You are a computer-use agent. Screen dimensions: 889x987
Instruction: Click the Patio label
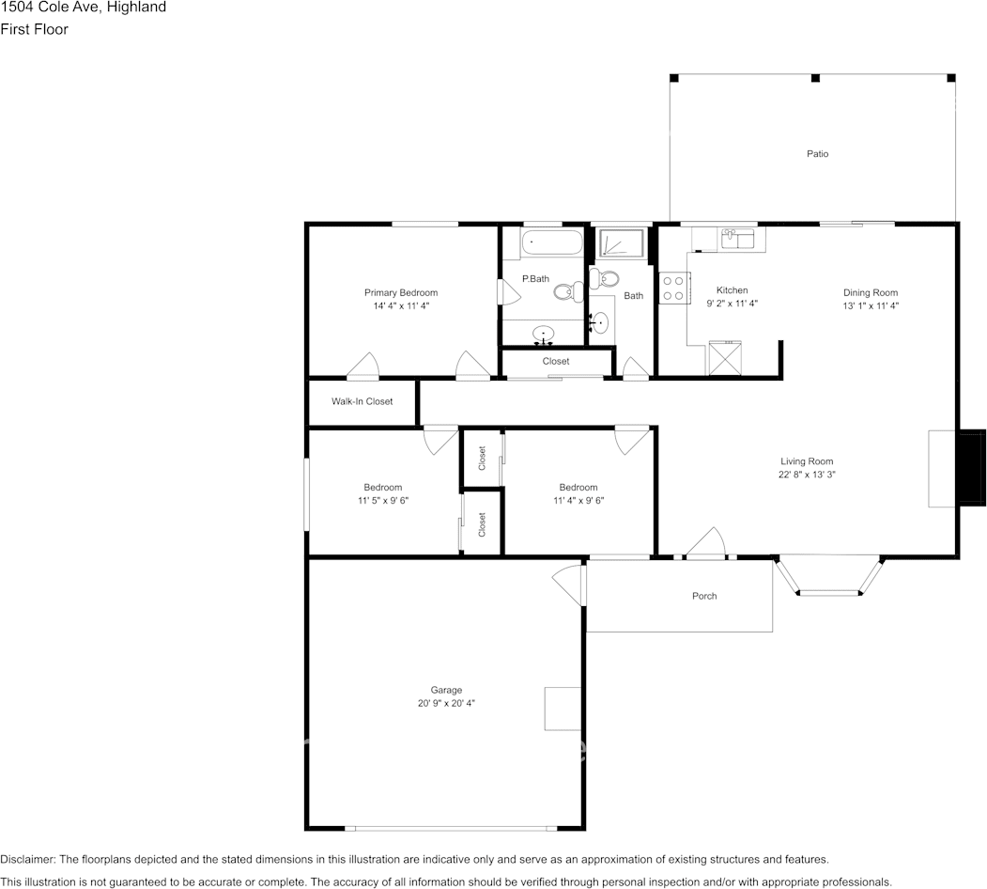point(817,153)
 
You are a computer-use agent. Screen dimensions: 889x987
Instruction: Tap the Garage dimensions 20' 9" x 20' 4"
point(446,703)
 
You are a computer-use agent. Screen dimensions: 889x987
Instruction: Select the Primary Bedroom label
point(401,292)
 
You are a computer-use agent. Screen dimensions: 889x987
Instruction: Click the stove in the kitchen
point(672,287)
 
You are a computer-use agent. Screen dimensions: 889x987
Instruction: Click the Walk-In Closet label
point(362,401)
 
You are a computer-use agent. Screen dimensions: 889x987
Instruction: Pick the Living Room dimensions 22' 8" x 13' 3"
point(807,475)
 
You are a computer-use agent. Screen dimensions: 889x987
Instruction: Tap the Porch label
point(704,596)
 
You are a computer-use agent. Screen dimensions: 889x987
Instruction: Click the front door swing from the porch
point(706,542)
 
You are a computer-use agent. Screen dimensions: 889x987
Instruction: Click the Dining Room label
point(871,292)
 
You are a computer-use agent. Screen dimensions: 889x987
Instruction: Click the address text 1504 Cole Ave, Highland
point(84,8)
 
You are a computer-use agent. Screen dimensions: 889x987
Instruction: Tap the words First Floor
point(34,29)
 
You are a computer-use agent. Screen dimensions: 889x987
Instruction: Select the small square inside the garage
point(563,709)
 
